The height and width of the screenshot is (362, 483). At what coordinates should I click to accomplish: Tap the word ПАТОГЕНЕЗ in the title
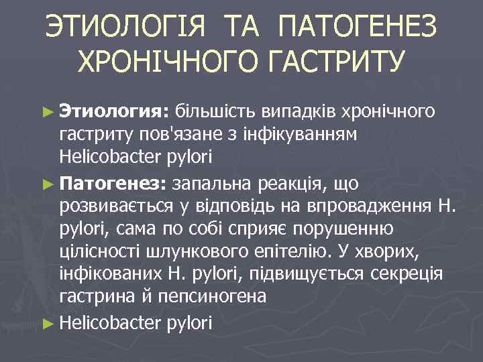(356, 28)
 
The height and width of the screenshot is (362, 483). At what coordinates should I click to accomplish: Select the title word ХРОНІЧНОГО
(166, 62)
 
